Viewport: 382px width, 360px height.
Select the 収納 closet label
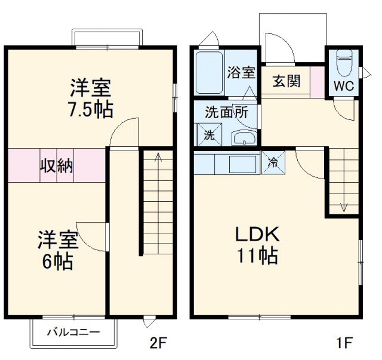pos(57,165)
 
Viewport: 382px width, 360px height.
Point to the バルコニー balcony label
pos(73,332)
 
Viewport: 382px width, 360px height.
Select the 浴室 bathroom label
pos(241,73)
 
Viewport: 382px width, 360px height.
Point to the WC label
pos(343,85)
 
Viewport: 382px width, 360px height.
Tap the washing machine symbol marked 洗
pos(210,135)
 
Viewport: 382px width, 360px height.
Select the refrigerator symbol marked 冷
pos(273,161)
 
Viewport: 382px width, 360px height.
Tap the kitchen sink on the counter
pos(242,163)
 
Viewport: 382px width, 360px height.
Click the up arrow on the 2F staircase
pos(158,158)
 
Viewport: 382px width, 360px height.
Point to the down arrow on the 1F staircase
pos(344,207)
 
